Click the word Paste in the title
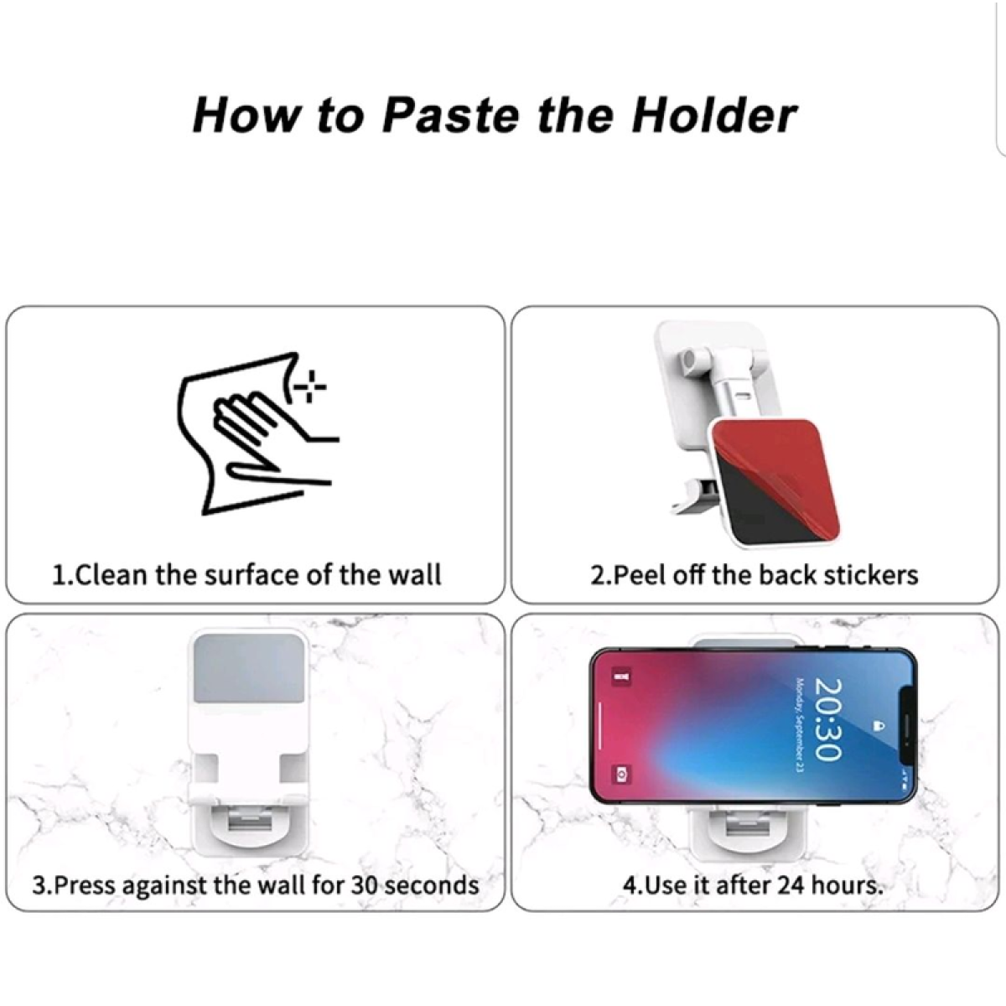pyautogui.click(x=451, y=116)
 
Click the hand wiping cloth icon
pyautogui.click(x=258, y=433)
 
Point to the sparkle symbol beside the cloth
pyautogui.click(x=310, y=386)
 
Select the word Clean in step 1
pyautogui.click(x=111, y=575)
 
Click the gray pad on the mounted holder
pyautogui.click(x=249, y=668)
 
